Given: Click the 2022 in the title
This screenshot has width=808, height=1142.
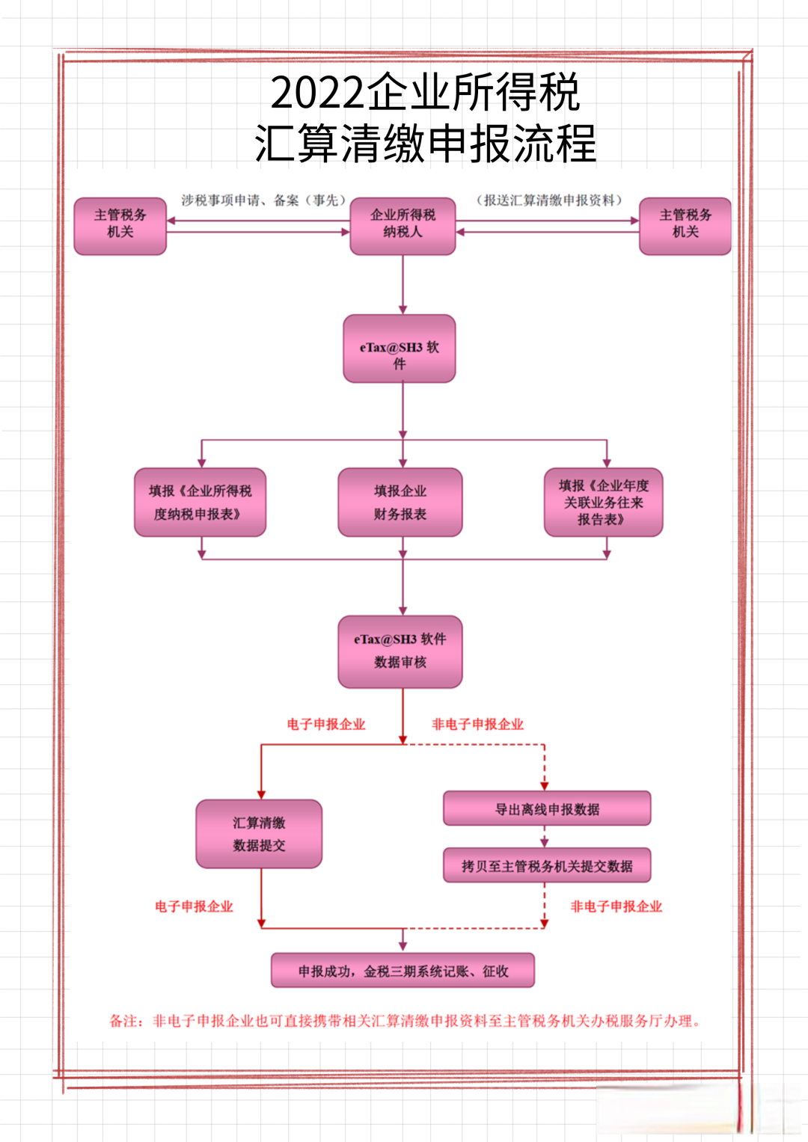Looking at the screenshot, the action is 317,92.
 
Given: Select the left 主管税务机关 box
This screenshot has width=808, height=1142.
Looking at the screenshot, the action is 120,227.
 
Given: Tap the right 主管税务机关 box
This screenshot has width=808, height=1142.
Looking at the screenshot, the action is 685,227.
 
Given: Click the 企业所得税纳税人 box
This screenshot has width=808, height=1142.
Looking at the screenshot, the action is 403,227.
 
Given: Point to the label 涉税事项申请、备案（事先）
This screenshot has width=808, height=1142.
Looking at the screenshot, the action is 263,200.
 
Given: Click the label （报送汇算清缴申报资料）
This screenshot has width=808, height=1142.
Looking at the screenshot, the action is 549,200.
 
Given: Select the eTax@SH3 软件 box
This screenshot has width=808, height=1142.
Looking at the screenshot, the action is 400,349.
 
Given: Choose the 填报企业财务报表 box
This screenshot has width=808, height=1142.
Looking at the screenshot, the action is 400,502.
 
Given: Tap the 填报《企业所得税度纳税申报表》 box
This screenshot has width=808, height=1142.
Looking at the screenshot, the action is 201,502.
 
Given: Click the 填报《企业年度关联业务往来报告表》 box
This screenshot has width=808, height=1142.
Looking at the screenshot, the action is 604,502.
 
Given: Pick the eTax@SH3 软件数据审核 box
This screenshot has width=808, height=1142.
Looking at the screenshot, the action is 400,651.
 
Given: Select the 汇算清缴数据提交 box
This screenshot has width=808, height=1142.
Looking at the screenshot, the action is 259,834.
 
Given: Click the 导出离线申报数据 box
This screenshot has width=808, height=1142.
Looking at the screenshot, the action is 547,808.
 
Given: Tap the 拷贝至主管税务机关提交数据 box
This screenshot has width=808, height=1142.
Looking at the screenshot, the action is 547,865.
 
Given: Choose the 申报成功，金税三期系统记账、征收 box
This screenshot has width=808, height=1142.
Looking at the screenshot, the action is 403,970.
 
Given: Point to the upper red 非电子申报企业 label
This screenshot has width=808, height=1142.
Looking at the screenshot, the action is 477,725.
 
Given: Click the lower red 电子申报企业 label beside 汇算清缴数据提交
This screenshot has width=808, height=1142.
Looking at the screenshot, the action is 194,906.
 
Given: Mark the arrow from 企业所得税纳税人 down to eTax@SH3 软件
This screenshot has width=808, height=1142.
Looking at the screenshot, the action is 403,284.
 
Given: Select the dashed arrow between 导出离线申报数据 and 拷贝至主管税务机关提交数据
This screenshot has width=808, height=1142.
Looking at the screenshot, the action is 545,837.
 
